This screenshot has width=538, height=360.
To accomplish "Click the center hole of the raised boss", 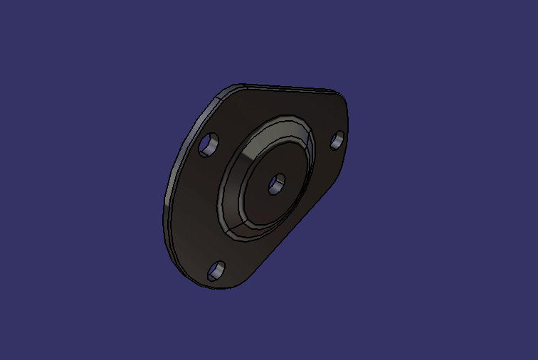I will [276, 184].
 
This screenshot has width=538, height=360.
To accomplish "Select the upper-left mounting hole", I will [209, 146].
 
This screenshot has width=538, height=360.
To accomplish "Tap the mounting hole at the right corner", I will [338, 139].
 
